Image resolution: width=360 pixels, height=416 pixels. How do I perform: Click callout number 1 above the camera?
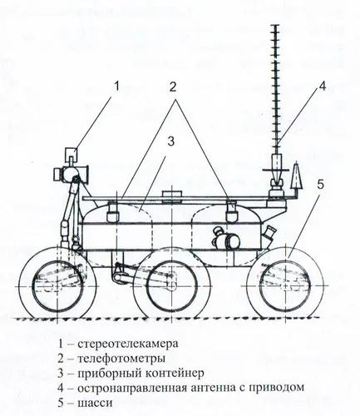116,86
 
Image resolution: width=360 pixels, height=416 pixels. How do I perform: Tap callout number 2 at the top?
173,87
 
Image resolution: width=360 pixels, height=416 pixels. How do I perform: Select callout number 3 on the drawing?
171,141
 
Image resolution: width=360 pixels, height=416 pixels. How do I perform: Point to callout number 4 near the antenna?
322,87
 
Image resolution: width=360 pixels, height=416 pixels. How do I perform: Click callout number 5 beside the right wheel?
320,185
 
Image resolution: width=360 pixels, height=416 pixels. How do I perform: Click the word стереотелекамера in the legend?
128,344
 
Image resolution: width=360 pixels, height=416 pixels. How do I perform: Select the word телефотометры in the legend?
121,359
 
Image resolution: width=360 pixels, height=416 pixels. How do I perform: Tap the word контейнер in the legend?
175,373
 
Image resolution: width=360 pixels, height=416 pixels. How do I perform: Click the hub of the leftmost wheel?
57,286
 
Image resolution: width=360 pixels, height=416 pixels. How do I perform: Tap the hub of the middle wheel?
171,286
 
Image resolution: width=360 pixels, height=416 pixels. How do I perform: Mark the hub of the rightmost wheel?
286,286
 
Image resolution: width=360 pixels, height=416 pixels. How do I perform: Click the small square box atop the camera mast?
71,154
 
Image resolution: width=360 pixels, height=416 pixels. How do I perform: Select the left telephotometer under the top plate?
113,212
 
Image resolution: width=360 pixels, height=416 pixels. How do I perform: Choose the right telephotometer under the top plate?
232,211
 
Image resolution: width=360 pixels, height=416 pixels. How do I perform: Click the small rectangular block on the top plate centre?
172,194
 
